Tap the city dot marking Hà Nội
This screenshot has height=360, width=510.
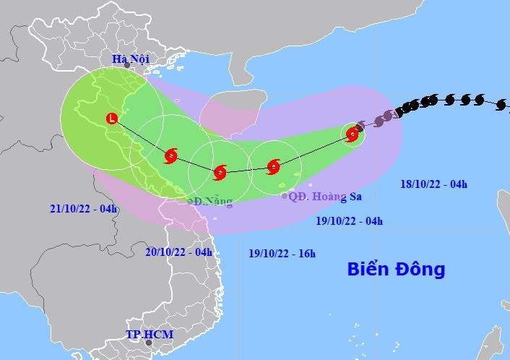[x=127, y=66]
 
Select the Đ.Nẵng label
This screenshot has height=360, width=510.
[x=212, y=202]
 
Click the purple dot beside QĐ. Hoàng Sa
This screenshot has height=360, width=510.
[x=285, y=196]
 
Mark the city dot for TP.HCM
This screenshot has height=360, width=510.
[x=149, y=343]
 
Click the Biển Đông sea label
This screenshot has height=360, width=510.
[x=396, y=270]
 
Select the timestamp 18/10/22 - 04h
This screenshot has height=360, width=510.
[x=433, y=184]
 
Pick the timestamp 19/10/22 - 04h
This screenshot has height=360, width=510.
[x=350, y=221]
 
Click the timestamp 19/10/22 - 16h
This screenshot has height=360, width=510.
[x=282, y=254]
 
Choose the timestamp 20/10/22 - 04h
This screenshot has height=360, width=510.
[x=178, y=252]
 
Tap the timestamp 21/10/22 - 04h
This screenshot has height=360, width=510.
[x=84, y=209]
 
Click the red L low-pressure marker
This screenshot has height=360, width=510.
[x=111, y=118]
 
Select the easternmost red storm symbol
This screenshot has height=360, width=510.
[x=352, y=134]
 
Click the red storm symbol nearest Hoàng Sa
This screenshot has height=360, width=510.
[x=273, y=167]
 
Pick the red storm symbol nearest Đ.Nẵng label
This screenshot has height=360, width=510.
[x=220, y=172]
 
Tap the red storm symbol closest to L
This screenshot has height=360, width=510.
[x=170, y=155]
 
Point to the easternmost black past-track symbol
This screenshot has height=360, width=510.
[x=501, y=105]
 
